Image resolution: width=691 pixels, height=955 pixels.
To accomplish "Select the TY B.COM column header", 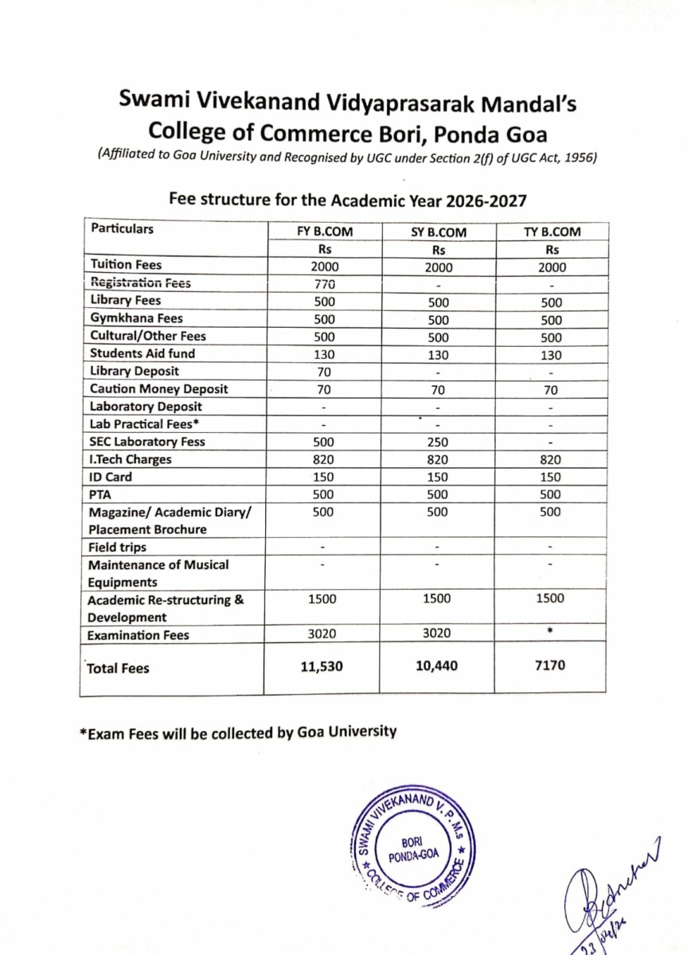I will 552,232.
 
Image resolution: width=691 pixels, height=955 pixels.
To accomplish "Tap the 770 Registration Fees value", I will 323,284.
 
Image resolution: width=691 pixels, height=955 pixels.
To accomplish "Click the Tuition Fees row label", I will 126,265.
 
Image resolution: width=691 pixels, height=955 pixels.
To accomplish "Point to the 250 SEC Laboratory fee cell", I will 438,442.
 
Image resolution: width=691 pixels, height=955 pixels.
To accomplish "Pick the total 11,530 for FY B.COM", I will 322,666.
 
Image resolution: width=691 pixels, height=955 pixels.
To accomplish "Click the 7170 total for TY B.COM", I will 551,665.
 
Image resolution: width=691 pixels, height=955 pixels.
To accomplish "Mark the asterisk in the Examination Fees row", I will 551,632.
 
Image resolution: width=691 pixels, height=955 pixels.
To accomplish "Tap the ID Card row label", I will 111,477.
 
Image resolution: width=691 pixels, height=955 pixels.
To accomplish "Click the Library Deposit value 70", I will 323,372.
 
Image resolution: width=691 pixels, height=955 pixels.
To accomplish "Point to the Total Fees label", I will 118,668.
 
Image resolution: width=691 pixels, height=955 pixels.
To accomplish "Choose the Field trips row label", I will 118,548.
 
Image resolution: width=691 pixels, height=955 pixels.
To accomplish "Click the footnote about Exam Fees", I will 238,732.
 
